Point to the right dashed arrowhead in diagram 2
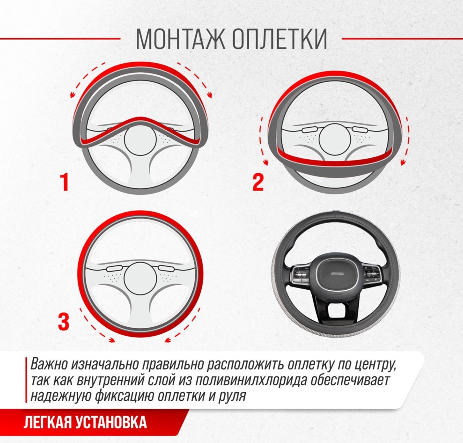click(x=403, y=163)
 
